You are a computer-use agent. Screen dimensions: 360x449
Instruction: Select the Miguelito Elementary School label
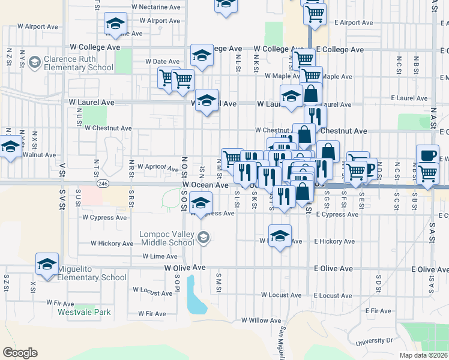(92, 273)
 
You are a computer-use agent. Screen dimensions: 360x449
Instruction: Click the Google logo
(20, 353)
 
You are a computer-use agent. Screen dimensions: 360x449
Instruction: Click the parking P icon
(370, 168)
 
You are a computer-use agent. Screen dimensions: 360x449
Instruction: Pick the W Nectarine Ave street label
(155, 7)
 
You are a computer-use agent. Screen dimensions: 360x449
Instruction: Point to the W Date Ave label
(162, 61)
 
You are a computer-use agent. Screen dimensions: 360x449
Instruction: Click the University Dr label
(373, 341)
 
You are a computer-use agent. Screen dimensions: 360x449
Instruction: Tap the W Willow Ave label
(261, 320)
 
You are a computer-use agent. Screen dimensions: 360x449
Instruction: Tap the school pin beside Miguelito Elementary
(47, 263)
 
